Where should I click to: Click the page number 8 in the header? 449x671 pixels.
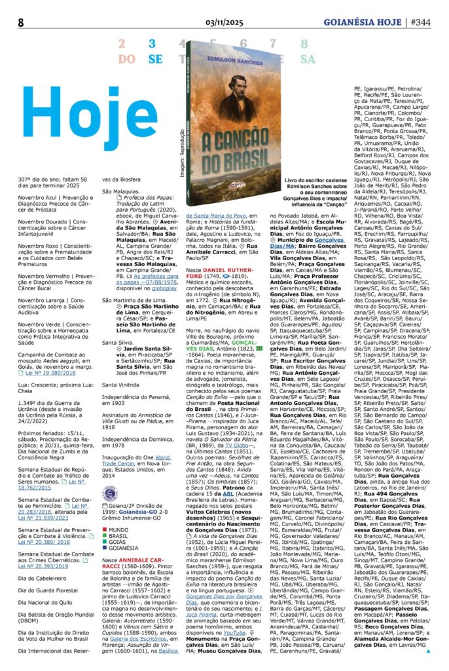(x=21, y=22)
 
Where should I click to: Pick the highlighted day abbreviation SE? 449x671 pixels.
(x=155, y=59)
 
